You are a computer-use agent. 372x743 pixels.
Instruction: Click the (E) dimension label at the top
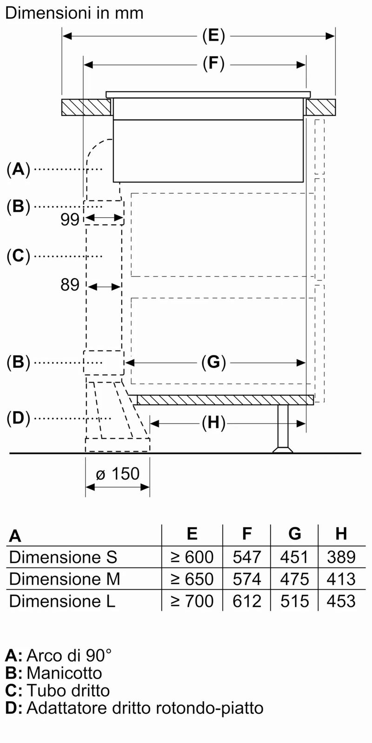(x=213, y=36)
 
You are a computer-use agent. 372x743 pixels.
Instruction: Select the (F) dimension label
(x=213, y=63)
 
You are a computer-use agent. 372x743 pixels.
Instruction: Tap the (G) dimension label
(x=213, y=362)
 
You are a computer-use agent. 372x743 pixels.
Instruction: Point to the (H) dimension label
(x=213, y=423)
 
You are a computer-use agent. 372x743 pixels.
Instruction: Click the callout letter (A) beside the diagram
(x=18, y=169)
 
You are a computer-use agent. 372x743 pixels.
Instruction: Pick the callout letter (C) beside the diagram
(x=18, y=256)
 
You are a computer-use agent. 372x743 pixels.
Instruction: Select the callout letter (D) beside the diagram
(x=18, y=418)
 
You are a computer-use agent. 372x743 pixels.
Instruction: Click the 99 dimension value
(x=70, y=219)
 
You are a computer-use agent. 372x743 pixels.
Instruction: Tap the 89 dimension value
(x=70, y=285)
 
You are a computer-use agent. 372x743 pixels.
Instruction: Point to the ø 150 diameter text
(x=118, y=474)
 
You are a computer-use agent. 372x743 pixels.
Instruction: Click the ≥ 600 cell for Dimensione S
(x=192, y=557)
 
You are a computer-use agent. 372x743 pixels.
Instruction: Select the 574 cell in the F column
(x=247, y=579)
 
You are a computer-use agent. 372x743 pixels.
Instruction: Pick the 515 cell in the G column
(x=294, y=601)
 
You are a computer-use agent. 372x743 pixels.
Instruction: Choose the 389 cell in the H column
(x=341, y=557)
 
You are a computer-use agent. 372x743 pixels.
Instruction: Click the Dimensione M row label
(x=65, y=579)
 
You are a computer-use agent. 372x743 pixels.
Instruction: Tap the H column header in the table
(x=341, y=534)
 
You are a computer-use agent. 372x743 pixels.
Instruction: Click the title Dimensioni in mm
(x=74, y=13)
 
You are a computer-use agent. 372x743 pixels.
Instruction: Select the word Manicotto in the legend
(x=64, y=673)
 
